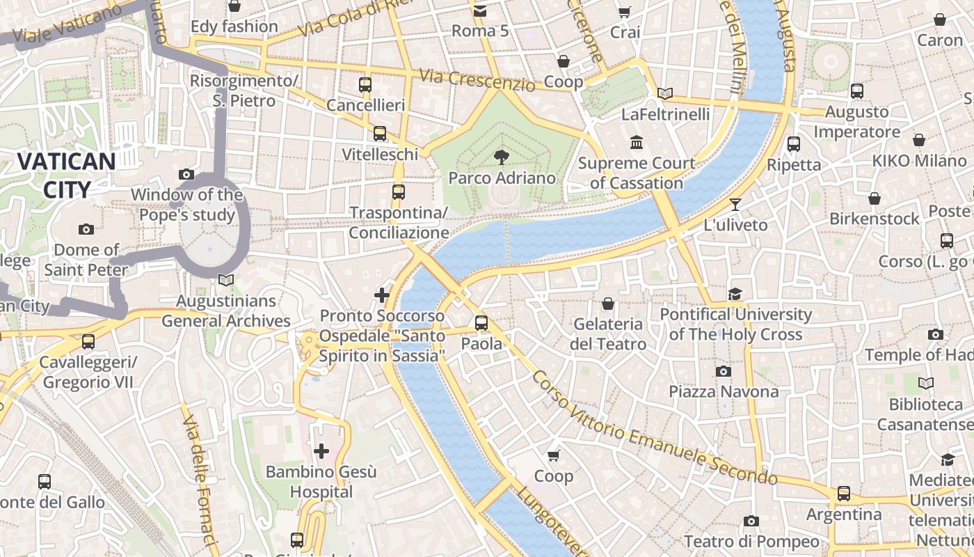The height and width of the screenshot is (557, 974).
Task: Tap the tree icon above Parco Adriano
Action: point(501,157)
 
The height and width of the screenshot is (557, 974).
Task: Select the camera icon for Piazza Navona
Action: point(724,371)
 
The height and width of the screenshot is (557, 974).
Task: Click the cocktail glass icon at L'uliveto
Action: point(735,205)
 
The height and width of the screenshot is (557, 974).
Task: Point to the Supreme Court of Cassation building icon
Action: point(636,143)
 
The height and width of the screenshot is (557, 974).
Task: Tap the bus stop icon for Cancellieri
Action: point(365,85)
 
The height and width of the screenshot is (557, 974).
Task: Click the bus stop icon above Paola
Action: point(481,323)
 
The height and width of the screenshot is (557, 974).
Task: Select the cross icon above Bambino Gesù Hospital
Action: point(321,451)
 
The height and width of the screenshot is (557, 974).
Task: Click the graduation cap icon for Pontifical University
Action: point(735,294)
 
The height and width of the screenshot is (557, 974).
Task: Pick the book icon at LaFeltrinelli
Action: point(665,93)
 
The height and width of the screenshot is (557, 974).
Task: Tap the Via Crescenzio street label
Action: point(477,79)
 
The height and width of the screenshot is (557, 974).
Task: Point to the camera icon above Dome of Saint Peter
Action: point(86,229)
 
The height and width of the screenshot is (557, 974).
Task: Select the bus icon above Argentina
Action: point(844,494)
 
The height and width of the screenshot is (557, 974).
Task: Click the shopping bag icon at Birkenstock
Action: point(875,198)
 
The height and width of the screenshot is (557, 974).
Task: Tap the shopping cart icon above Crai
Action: point(624,12)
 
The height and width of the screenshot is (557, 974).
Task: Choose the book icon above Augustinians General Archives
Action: point(225,281)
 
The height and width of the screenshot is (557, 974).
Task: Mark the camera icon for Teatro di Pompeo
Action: point(751,521)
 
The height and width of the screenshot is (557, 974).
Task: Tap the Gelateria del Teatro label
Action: point(608,334)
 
